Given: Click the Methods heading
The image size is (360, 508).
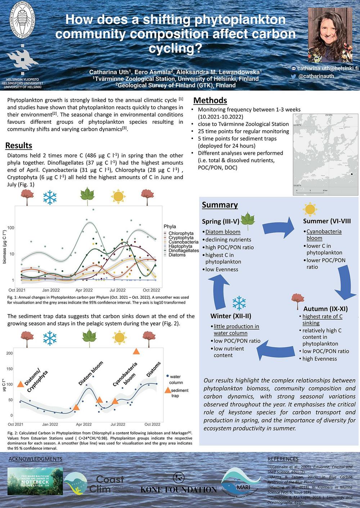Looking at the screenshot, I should (x=210, y=100).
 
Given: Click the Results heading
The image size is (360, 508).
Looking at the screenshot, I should (x=19, y=145).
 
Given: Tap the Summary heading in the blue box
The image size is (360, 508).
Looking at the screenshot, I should (x=220, y=205).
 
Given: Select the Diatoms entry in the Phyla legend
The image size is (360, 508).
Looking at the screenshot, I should (x=177, y=255).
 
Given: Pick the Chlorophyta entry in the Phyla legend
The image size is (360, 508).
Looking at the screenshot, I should (x=181, y=233).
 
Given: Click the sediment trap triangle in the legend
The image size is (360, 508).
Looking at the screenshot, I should (x=167, y=390).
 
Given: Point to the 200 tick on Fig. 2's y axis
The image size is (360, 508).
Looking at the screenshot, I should (x=9, y=353).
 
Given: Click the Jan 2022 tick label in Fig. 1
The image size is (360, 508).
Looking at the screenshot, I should (x=51, y=290).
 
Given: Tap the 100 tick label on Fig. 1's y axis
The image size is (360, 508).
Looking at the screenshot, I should (x=10, y=228).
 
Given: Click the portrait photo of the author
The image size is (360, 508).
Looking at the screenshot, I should (x=330, y=35).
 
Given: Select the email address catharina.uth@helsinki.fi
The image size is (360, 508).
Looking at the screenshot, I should (x=328, y=68).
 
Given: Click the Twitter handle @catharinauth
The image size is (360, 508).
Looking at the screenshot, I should (x=316, y=76).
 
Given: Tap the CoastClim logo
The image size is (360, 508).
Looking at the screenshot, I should (x=101, y=484).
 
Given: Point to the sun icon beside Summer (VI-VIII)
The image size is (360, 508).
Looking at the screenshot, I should (x=310, y=209).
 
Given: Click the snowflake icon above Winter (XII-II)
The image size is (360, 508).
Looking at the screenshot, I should (x=239, y=303).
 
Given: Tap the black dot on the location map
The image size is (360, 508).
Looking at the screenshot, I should (x=352, y=174).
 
